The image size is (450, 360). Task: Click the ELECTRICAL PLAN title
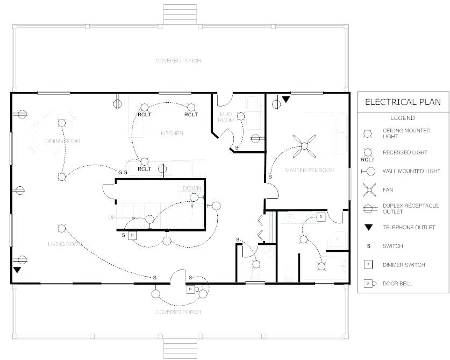pyautogui.click(x=403, y=102)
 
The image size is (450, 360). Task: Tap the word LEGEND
pyautogui.click(x=403, y=118)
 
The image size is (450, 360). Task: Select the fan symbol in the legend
pyautogui.click(x=369, y=190)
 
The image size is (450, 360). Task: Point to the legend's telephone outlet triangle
pyautogui.click(x=368, y=228)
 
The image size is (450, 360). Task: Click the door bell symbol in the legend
pyautogui.click(x=370, y=284)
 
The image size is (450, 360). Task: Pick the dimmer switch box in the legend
pyautogui.click(x=368, y=265)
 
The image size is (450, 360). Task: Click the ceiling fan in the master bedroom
pyautogui.click(x=304, y=146)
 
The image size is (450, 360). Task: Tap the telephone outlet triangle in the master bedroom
pyautogui.click(x=286, y=100)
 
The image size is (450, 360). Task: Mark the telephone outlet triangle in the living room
pyautogui.click(x=17, y=270)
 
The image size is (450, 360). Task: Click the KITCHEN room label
pyautogui.click(x=172, y=133)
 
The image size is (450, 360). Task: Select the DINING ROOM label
pyautogui.click(x=63, y=141)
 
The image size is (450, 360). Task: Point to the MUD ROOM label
pyautogui.click(x=226, y=117)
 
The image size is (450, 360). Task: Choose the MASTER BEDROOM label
pyautogui.click(x=310, y=170)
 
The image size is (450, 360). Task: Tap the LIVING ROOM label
pyautogui.click(x=65, y=244)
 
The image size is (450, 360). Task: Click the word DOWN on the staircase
pyautogui.click(x=192, y=188)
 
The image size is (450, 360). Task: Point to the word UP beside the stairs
pyautogui.click(x=112, y=218)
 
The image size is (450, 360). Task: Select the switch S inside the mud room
pyautogui.click(x=237, y=147)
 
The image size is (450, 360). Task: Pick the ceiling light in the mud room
pyautogui.click(x=241, y=116)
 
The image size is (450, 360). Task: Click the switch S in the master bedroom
pyautogui.click(x=270, y=177)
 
